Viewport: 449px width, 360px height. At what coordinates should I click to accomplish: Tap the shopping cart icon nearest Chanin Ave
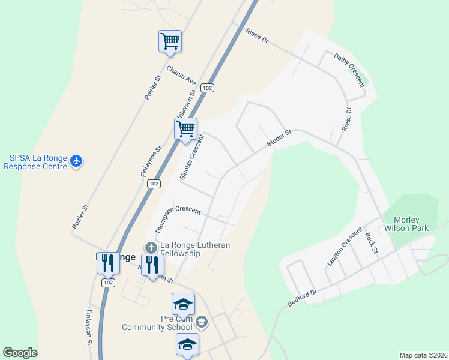[x=170, y=42]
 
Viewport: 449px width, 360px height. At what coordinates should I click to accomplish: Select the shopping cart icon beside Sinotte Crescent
[x=186, y=129]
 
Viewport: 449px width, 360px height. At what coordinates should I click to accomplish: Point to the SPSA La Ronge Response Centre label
[x=37, y=162]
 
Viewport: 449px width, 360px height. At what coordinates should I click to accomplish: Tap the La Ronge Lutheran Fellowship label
[x=193, y=249]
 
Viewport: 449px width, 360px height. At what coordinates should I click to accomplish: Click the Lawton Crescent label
[x=345, y=246]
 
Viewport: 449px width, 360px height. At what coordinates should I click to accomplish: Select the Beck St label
[x=370, y=242]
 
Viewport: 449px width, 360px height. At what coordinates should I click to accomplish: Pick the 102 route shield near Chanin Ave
[x=207, y=88]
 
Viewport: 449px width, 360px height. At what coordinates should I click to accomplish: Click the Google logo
[x=20, y=353]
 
